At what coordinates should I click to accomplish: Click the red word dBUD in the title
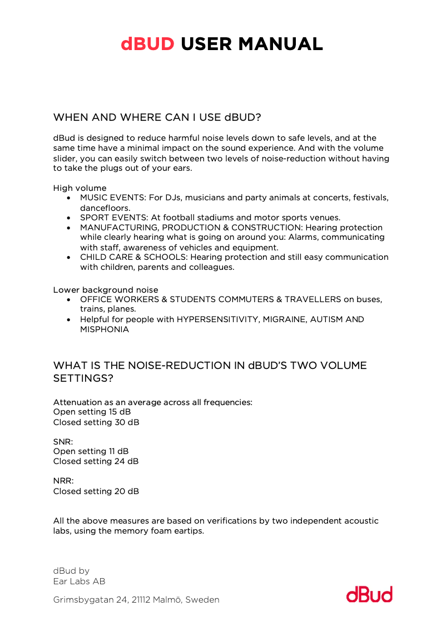[x=147, y=44]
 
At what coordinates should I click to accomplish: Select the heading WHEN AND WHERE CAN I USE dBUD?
[x=157, y=117]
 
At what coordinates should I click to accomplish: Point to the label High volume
[x=80, y=188]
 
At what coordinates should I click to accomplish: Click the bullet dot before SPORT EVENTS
[x=68, y=218]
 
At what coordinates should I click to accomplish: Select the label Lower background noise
[x=106, y=290]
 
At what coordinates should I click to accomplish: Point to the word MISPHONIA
[x=105, y=329]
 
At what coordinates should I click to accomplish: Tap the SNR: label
[x=63, y=441]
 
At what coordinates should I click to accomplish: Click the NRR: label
[x=63, y=480]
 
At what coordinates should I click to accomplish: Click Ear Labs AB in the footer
[x=79, y=581]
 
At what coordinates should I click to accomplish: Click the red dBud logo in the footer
[x=369, y=594]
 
